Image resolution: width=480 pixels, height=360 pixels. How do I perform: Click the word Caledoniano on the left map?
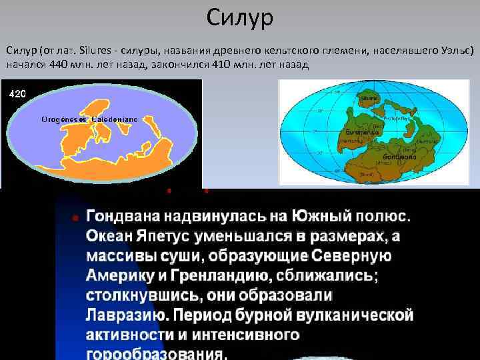(x=115, y=118)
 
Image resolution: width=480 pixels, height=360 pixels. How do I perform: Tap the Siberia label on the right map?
(x=368, y=98)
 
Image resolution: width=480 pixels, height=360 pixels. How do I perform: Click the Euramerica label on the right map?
(x=358, y=133)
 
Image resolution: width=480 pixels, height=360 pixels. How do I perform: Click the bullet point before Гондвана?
(x=75, y=218)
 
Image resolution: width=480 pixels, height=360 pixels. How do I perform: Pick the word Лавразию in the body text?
(x=123, y=314)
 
